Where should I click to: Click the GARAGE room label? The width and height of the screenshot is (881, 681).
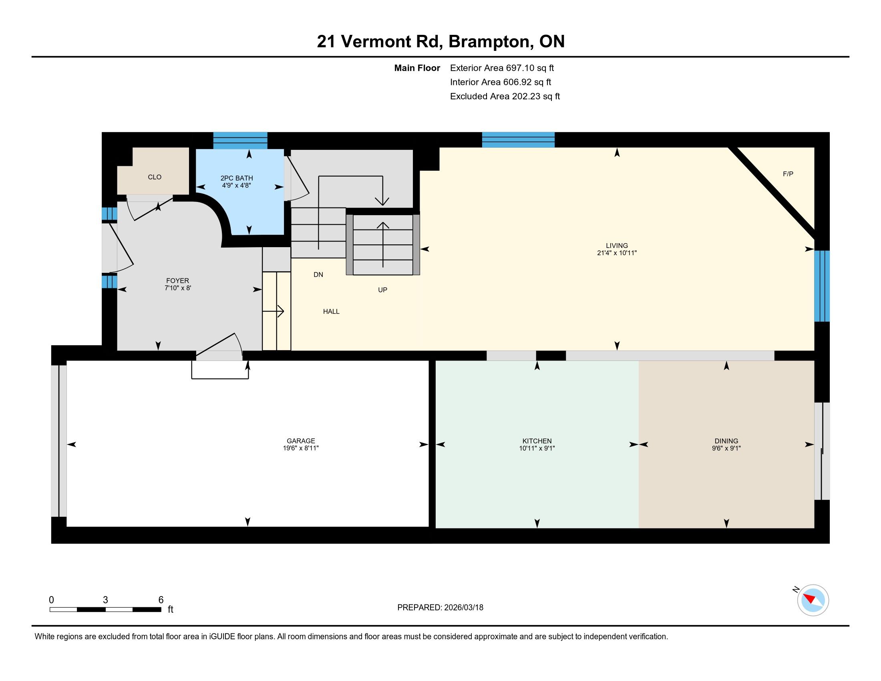[x=300, y=441]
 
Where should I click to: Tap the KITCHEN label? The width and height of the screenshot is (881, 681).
[x=537, y=441]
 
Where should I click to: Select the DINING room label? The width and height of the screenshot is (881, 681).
[x=726, y=441]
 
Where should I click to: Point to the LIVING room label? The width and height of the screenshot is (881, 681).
[x=617, y=245]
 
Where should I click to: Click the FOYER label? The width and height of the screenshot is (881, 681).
[x=177, y=280]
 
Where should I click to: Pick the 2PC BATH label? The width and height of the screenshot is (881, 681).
[x=236, y=178]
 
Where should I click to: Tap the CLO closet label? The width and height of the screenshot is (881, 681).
[x=155, y=177]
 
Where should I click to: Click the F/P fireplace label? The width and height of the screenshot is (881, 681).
[x=788, y=174]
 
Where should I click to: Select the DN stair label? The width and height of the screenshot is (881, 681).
[x=318, y=274]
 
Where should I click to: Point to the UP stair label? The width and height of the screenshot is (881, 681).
[x=382, y=290]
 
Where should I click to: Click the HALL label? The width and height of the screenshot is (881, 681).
[x=331, y=311]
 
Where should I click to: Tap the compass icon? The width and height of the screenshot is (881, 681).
[x=813, y=600]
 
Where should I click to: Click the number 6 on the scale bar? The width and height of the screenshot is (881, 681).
[x=161, y=600]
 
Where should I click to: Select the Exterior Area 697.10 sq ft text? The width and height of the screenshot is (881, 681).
[x=502, y=68]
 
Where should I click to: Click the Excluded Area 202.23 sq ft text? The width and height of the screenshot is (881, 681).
[x=505, y=96]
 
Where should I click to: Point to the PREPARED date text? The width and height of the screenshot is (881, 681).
[x=440, y=608]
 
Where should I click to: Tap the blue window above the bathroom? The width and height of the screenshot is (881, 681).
[x=240, y=140]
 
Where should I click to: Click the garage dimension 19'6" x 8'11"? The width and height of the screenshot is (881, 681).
[x=300, y=448]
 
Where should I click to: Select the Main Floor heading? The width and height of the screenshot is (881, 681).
[x=417, y=68]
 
